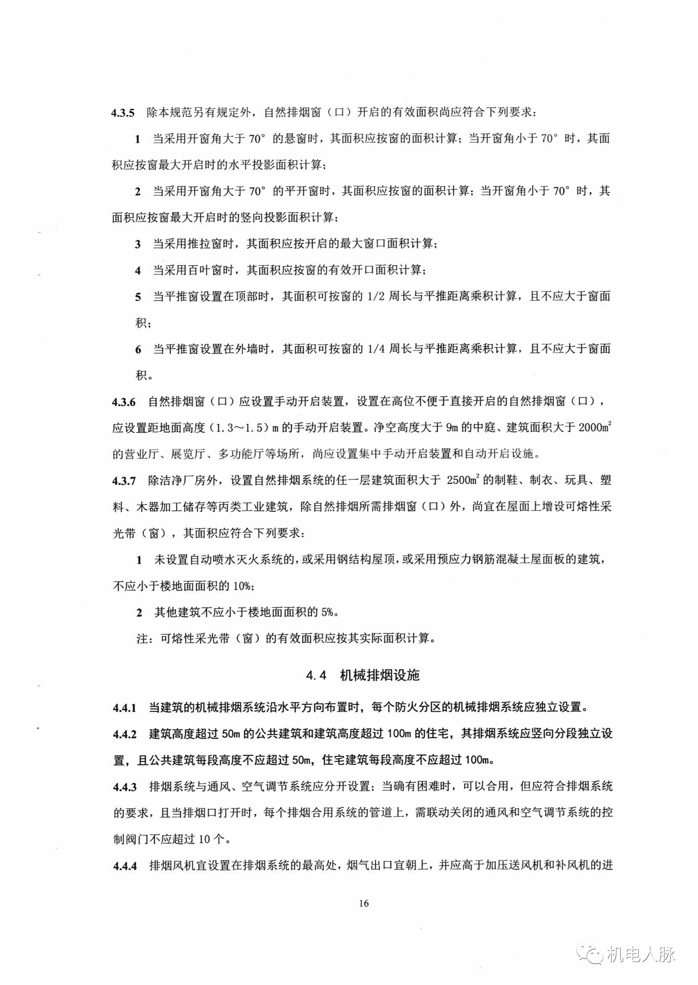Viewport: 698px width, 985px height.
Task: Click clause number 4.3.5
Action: [123, 113]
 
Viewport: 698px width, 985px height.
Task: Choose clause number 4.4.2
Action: [124, 734]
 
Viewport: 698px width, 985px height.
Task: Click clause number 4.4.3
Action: [124, 787]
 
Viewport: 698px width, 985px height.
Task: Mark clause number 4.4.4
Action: [124, 866]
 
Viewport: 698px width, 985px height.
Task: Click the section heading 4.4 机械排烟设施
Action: [362, 676]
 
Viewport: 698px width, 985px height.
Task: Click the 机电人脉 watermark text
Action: [642, 956]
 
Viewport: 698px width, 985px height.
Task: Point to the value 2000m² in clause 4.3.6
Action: [595, 428]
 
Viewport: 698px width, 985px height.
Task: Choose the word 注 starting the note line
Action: [142, 639]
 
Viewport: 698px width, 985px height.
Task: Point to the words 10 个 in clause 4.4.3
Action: [211, 840]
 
